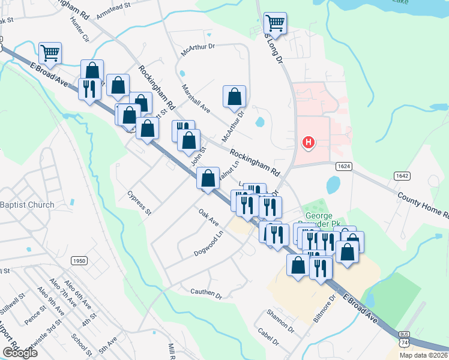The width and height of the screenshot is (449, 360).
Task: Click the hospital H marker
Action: click(x=308, y=143)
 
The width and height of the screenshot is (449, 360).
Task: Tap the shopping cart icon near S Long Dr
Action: click(x=275, y=23)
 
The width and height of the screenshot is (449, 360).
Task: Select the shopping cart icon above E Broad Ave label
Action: click(x=50, y=52)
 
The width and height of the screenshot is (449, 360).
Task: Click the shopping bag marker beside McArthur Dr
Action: click(x=234, y=97)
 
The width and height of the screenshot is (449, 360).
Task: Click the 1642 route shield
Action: click(x=402, y=175)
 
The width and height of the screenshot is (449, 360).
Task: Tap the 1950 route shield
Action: click(x=79, y=260)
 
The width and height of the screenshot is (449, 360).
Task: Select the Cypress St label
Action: click(x=140, y=203)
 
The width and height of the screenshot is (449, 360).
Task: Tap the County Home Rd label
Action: click(x=422, y=204)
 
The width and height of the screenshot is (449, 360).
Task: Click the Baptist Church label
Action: click(x=27, y=205)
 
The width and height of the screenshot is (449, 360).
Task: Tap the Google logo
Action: click(x=19, y=353)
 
